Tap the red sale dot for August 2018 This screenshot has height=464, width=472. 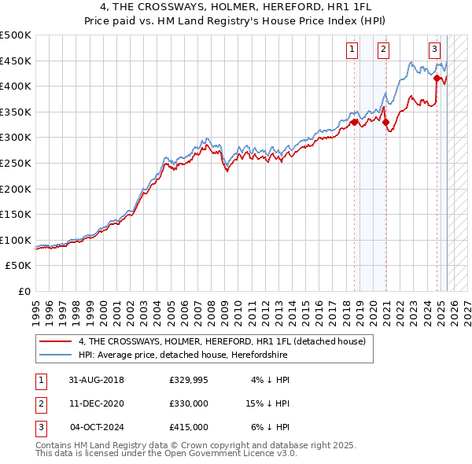(x=354, y=122)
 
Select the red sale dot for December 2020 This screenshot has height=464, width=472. (x=385, y=122)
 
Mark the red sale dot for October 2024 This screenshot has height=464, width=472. (x=437, y=78)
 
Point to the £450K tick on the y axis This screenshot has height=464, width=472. (x=16, y=61)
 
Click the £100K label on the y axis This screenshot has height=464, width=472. (x=16, y=240)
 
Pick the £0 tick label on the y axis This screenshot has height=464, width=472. (x=24, y=291)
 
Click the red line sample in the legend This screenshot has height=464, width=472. (x=55, y=341)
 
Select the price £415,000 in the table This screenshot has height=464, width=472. (x=189, y=427)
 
